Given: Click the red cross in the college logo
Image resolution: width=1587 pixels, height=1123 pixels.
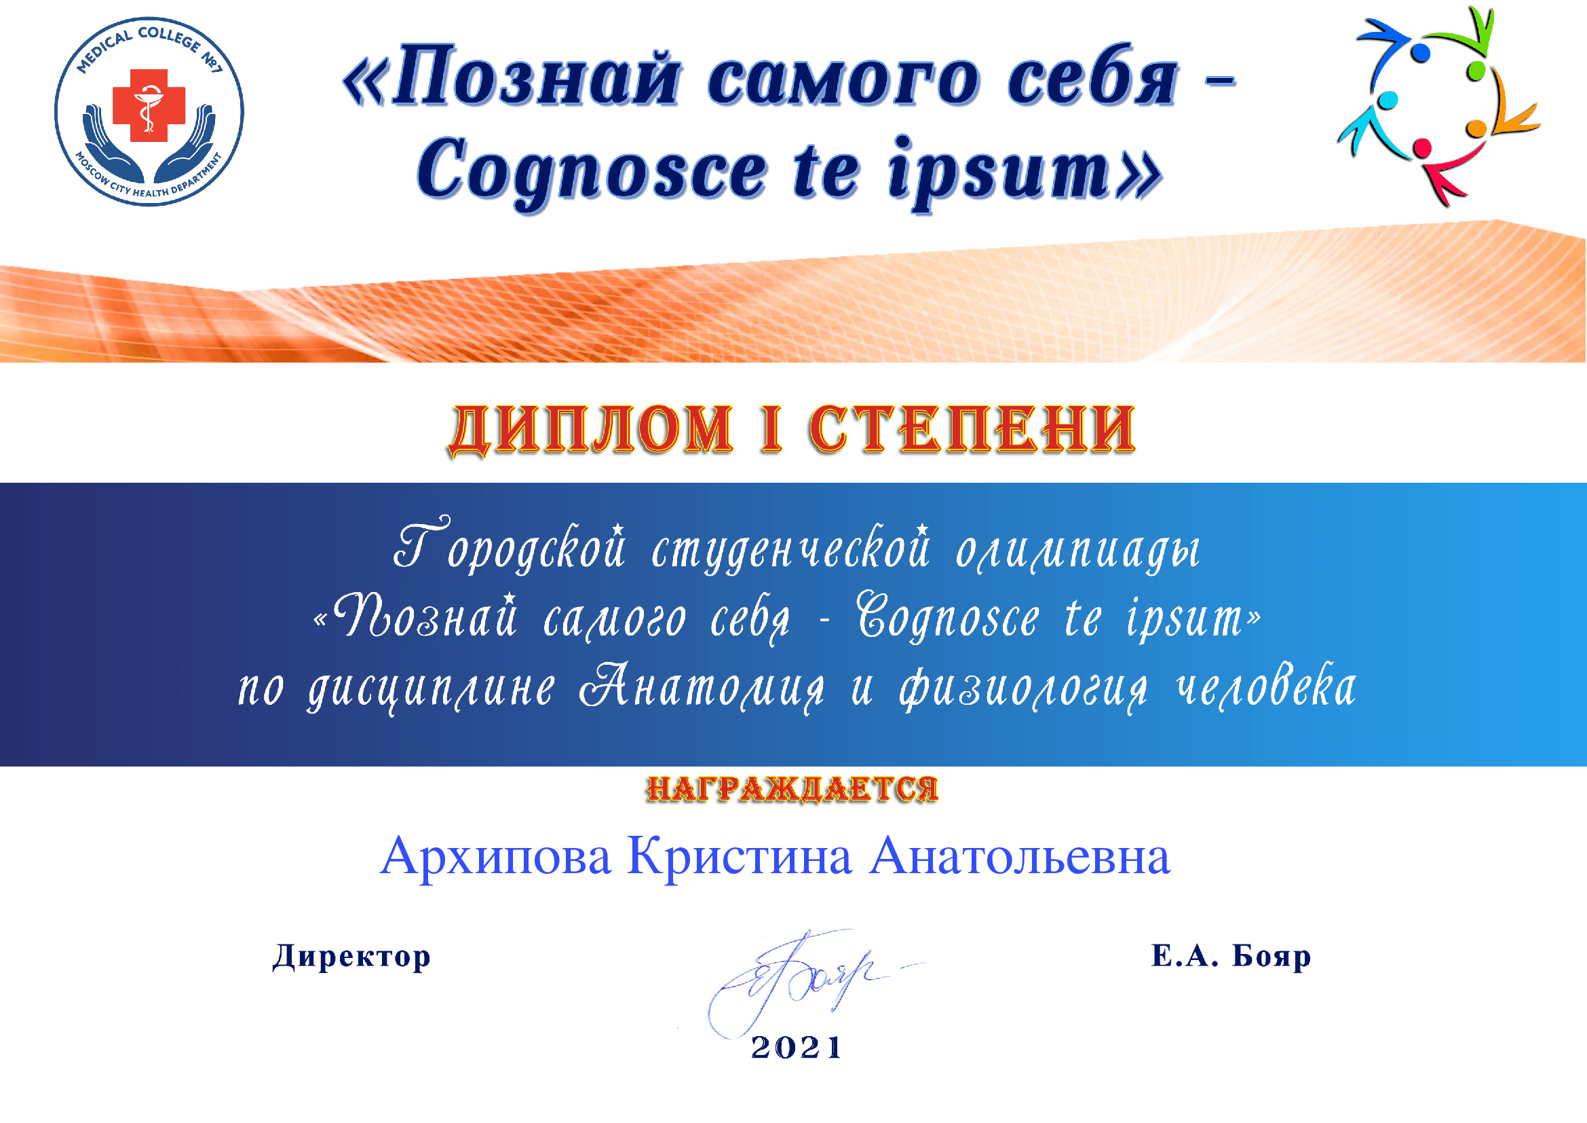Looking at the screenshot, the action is (149, 105).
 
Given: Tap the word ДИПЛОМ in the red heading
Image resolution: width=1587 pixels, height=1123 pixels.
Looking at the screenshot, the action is (591, 430).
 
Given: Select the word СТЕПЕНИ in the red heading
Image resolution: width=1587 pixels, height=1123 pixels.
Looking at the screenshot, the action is (972, 429).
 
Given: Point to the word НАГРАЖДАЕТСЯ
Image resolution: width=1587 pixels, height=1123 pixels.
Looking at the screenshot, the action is (792, 789).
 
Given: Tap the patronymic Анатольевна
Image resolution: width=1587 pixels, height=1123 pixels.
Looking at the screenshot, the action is (1020, 856).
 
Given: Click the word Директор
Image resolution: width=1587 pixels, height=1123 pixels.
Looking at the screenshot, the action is (352, 957).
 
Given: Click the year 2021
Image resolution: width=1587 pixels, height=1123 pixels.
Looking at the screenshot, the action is (797, 1048).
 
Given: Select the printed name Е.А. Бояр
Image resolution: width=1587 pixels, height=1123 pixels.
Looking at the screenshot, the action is (1231, 957).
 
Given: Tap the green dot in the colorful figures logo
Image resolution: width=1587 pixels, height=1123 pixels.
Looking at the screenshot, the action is (1476, 71).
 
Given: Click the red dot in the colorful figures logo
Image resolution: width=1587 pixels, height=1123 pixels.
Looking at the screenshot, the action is (1422, 148).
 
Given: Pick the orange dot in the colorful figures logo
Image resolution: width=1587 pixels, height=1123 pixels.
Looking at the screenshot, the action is (1476, 128).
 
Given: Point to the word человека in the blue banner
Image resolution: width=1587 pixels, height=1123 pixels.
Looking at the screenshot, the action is (1266, 686).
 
